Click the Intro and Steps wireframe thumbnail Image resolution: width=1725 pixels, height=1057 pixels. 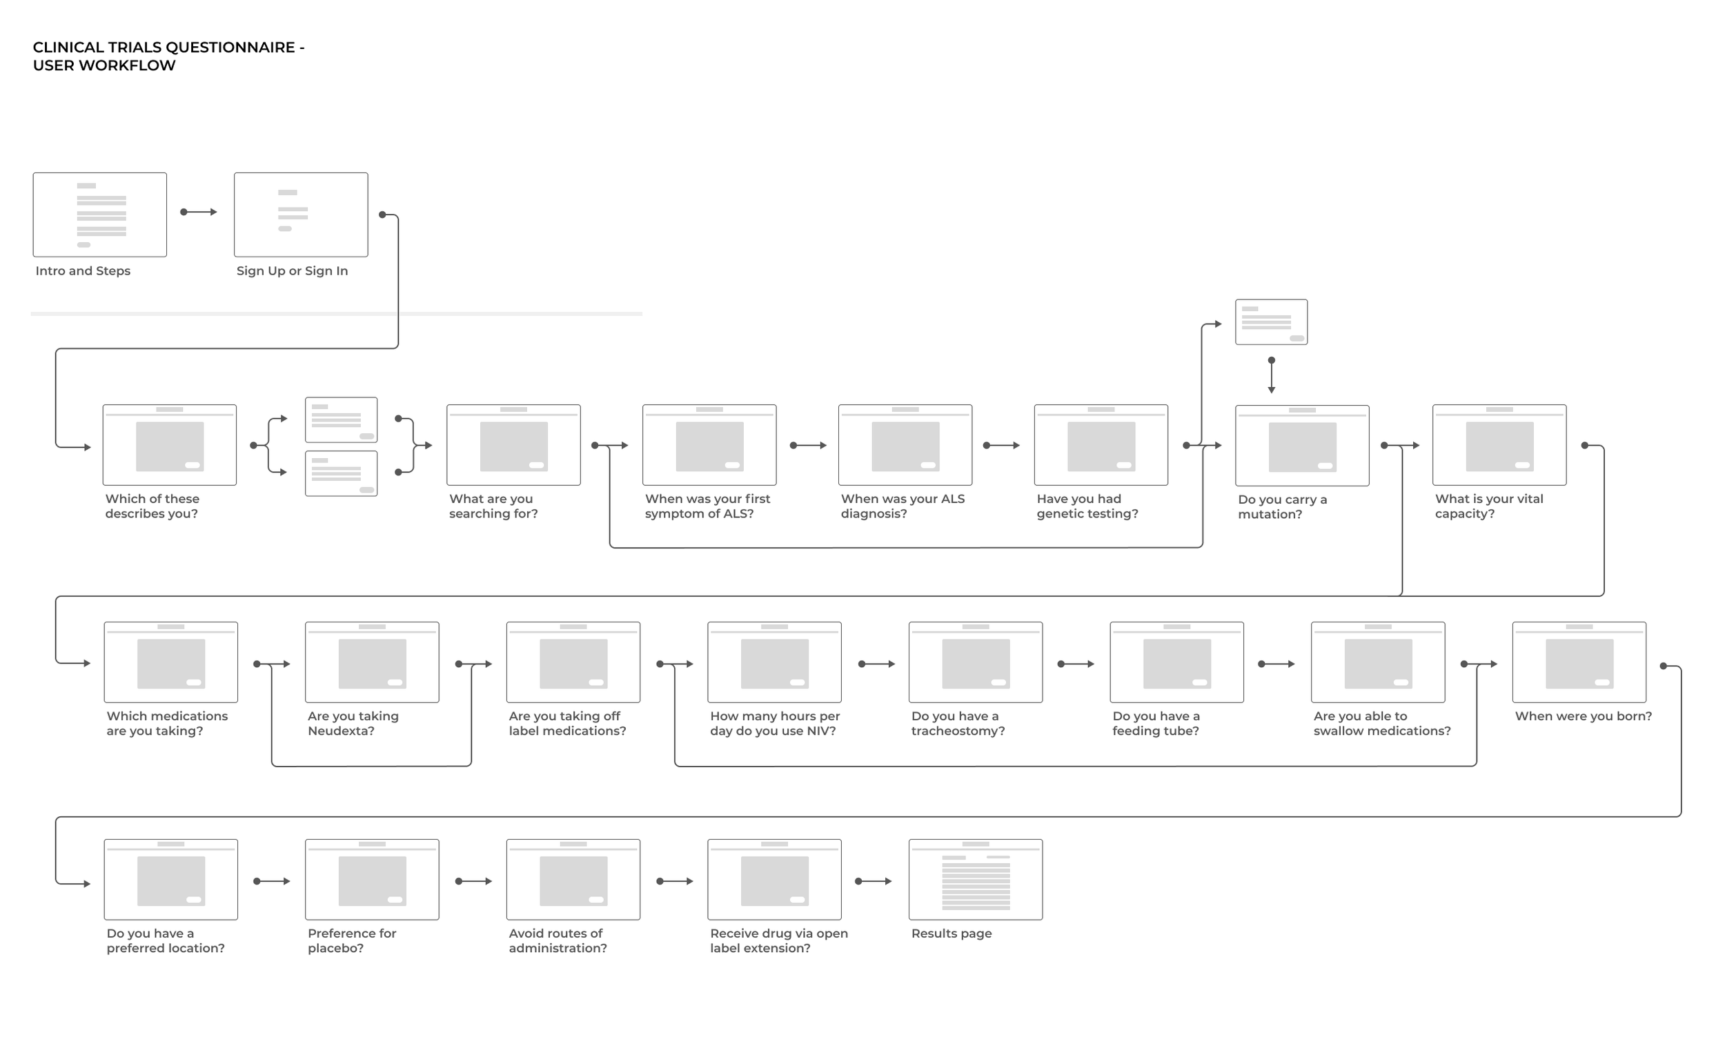[99, 215]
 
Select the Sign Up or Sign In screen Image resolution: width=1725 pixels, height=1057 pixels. [300, 215]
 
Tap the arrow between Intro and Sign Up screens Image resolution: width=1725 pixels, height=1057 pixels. [199, 212]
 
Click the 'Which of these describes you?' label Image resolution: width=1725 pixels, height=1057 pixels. [152, 506]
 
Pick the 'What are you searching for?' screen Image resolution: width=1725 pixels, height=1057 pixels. [513, 445]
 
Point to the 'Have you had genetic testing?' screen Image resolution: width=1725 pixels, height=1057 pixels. [1101, 445]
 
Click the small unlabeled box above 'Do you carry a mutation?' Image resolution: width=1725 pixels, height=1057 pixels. [1271, 322]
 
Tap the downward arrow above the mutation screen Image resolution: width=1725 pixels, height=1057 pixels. [1272, 376]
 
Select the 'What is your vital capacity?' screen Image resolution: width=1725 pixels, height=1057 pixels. [1499, 445]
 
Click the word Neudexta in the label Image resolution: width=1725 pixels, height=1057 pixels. [341, 731]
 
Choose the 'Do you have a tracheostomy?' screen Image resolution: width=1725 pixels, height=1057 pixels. [975, 662]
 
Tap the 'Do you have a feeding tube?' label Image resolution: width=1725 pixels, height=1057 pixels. [1156, 723]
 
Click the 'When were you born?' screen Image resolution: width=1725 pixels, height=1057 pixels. [1579, 662]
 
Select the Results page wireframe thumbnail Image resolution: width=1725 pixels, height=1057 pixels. [975, 879]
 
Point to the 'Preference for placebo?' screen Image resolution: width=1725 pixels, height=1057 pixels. [372, 879]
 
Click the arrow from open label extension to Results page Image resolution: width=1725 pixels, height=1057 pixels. [874, 881]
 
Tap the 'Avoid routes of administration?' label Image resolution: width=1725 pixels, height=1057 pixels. [558, 940]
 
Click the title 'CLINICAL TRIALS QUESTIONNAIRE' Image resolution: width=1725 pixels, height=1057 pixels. [168, 48]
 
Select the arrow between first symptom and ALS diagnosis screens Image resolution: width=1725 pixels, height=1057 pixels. [809, 445]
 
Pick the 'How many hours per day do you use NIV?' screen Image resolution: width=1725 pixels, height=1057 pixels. [774, 662]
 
